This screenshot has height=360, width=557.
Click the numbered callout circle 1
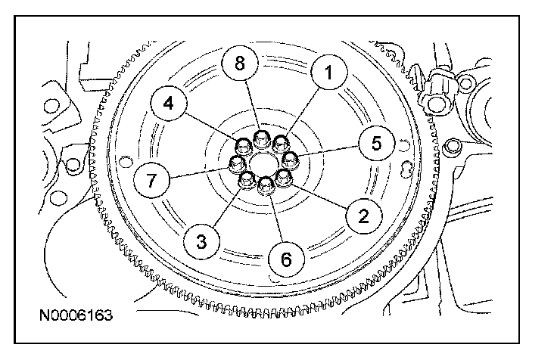(x=328, y=73)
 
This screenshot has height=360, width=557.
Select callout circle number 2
(x=363, y=216)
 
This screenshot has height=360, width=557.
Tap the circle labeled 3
(x=201, y=241)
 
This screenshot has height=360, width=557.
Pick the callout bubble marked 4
(x=169, y=104)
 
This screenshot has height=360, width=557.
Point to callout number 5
(x=376, y=141)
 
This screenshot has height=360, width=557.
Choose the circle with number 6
(x=286, y=259)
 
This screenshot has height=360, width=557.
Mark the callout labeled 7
(x=150, y=182)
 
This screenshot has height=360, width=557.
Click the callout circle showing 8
(x=240, y=64)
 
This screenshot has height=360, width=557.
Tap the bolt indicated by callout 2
(x=285, y=178)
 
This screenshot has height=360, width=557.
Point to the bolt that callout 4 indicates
(x=244, y=144)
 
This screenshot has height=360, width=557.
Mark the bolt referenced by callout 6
(x=266, y=185)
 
